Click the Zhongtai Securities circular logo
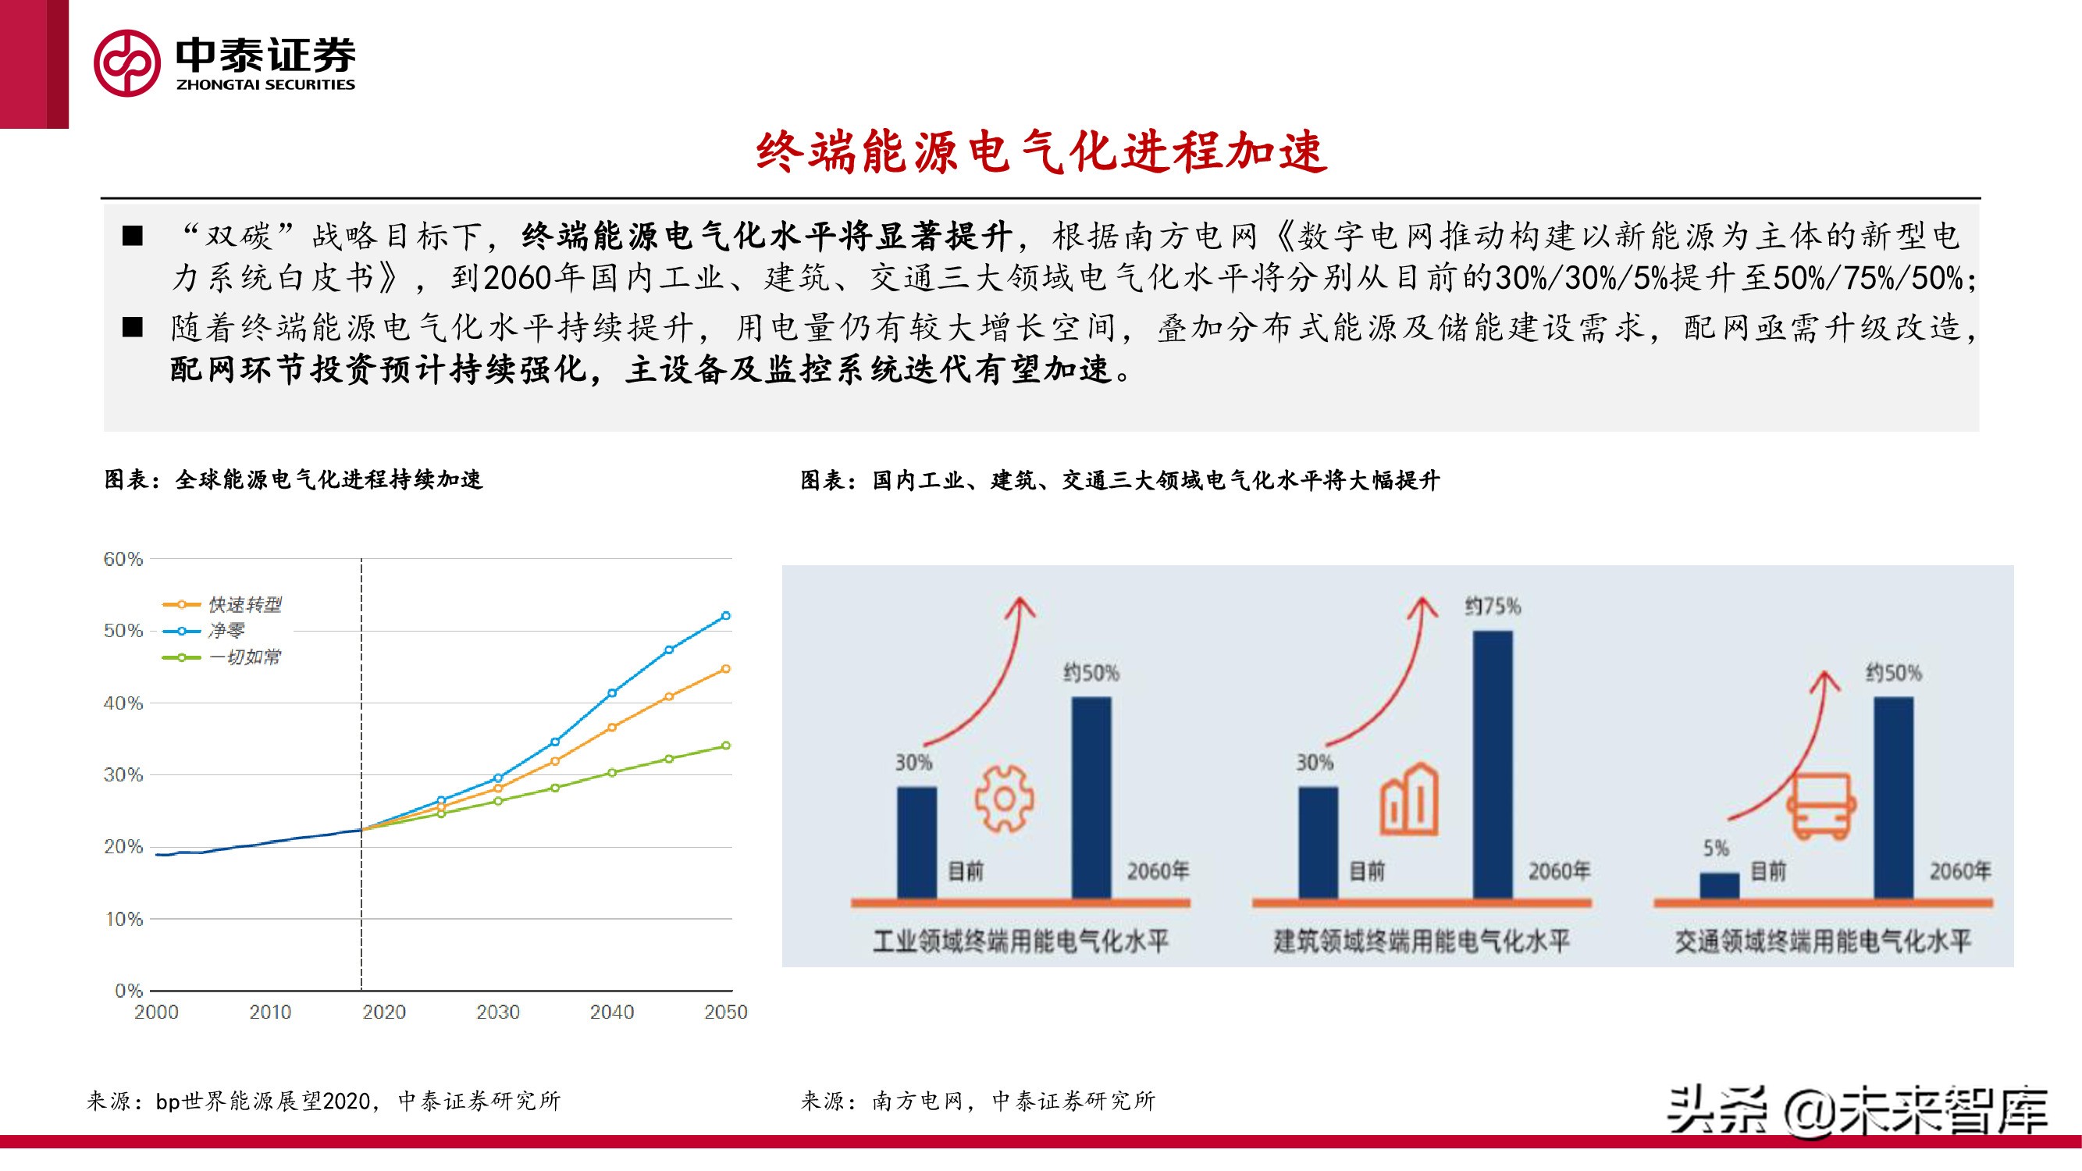pyautogui.click(x=127, y=63)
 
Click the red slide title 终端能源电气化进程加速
pyautogui.click(x=1041, y=152)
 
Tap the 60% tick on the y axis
pyautogui.click(x=123, y=559)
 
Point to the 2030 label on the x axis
pyautogui.click(x=498, y=1012)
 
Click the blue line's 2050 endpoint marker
pyautogui.click(x=726, y=616)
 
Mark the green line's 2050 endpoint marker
pyautogui.click(x=726, y=745)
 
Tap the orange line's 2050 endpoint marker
pyautogui.click(x=726, y=669)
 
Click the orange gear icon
pyautogui.click(x=1004, y=799)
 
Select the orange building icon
pyautogui.click(x=1409, y=799)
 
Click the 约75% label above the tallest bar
pyautogui.click(x=1492, y=606)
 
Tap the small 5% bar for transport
pyautogui.click(x=1719, y=885)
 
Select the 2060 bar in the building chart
pyautogui.click(x=1492, y=763)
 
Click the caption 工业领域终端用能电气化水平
pyautogui.click(x=1020, y=941)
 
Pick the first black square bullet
pyautogui.click(x=133, y=236)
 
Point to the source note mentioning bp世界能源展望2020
pyautogui.click(x=323, y=1101)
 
